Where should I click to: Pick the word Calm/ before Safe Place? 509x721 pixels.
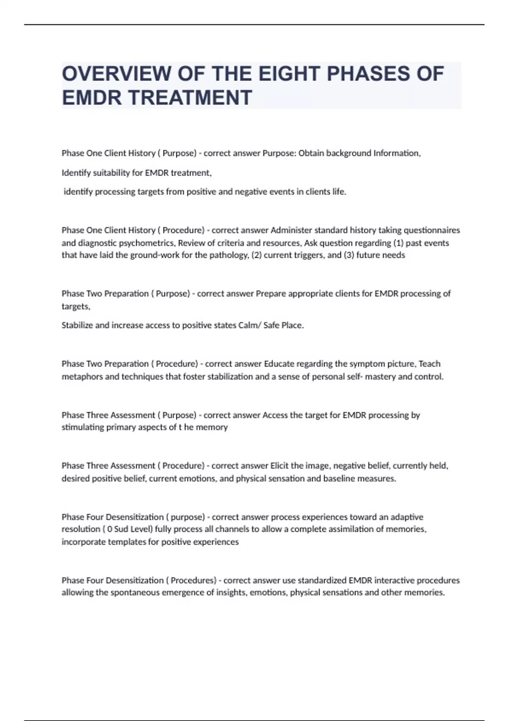coord(250,325)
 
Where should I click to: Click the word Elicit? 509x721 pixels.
coord(280,466)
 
